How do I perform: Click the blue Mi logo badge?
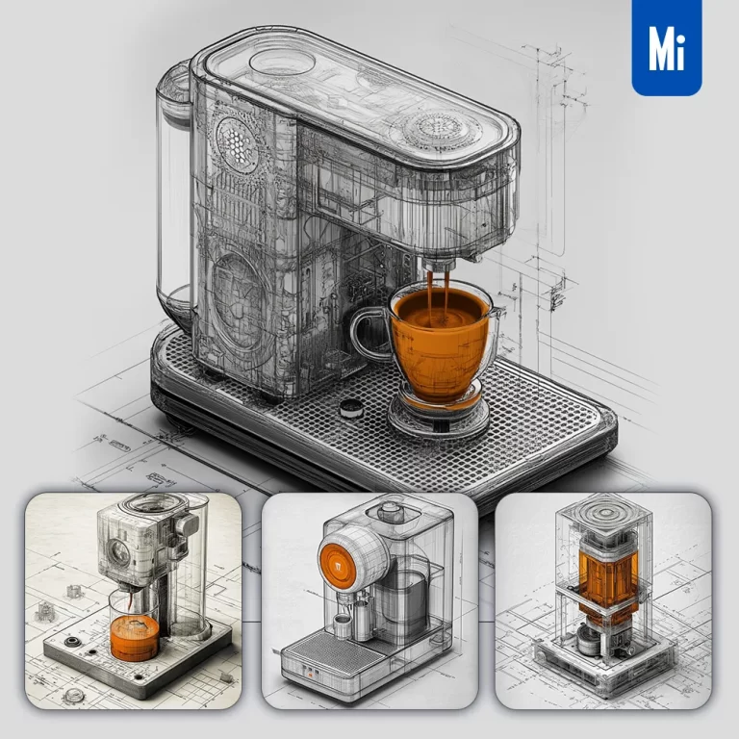click(667, 47)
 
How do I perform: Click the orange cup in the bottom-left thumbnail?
click(136, 636)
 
